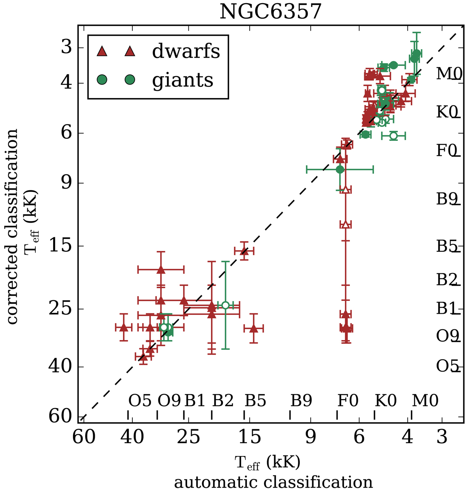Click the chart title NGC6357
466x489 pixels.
[271, 12]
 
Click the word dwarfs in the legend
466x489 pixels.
[186, 51]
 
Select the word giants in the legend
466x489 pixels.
[183, 80]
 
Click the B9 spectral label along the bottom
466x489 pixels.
[301, 401]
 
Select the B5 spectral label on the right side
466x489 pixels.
[447, 246]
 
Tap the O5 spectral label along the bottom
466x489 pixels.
[140, 401]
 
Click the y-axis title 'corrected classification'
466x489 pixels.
[12, 227]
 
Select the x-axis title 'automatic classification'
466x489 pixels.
[273, 482]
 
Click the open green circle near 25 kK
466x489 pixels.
[226, 305]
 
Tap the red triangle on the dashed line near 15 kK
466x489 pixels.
[244, 251]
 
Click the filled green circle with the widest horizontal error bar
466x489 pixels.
[340, 169]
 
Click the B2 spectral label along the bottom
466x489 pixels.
[223, 401]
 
